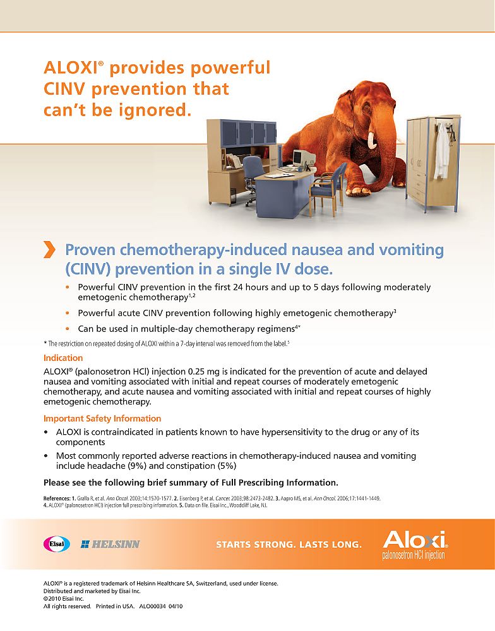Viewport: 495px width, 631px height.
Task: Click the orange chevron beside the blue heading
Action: coord(49,250)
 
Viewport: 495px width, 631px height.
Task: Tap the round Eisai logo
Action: coord(56,543)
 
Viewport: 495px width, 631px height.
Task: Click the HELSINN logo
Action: coord(110,544)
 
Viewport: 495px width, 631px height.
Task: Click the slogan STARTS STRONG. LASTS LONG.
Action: coord(289,544)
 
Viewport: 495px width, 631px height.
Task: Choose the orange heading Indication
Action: coord(63,358)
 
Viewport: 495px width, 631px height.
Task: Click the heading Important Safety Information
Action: coord(102,418)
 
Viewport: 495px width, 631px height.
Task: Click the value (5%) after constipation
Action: coord(226,466)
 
